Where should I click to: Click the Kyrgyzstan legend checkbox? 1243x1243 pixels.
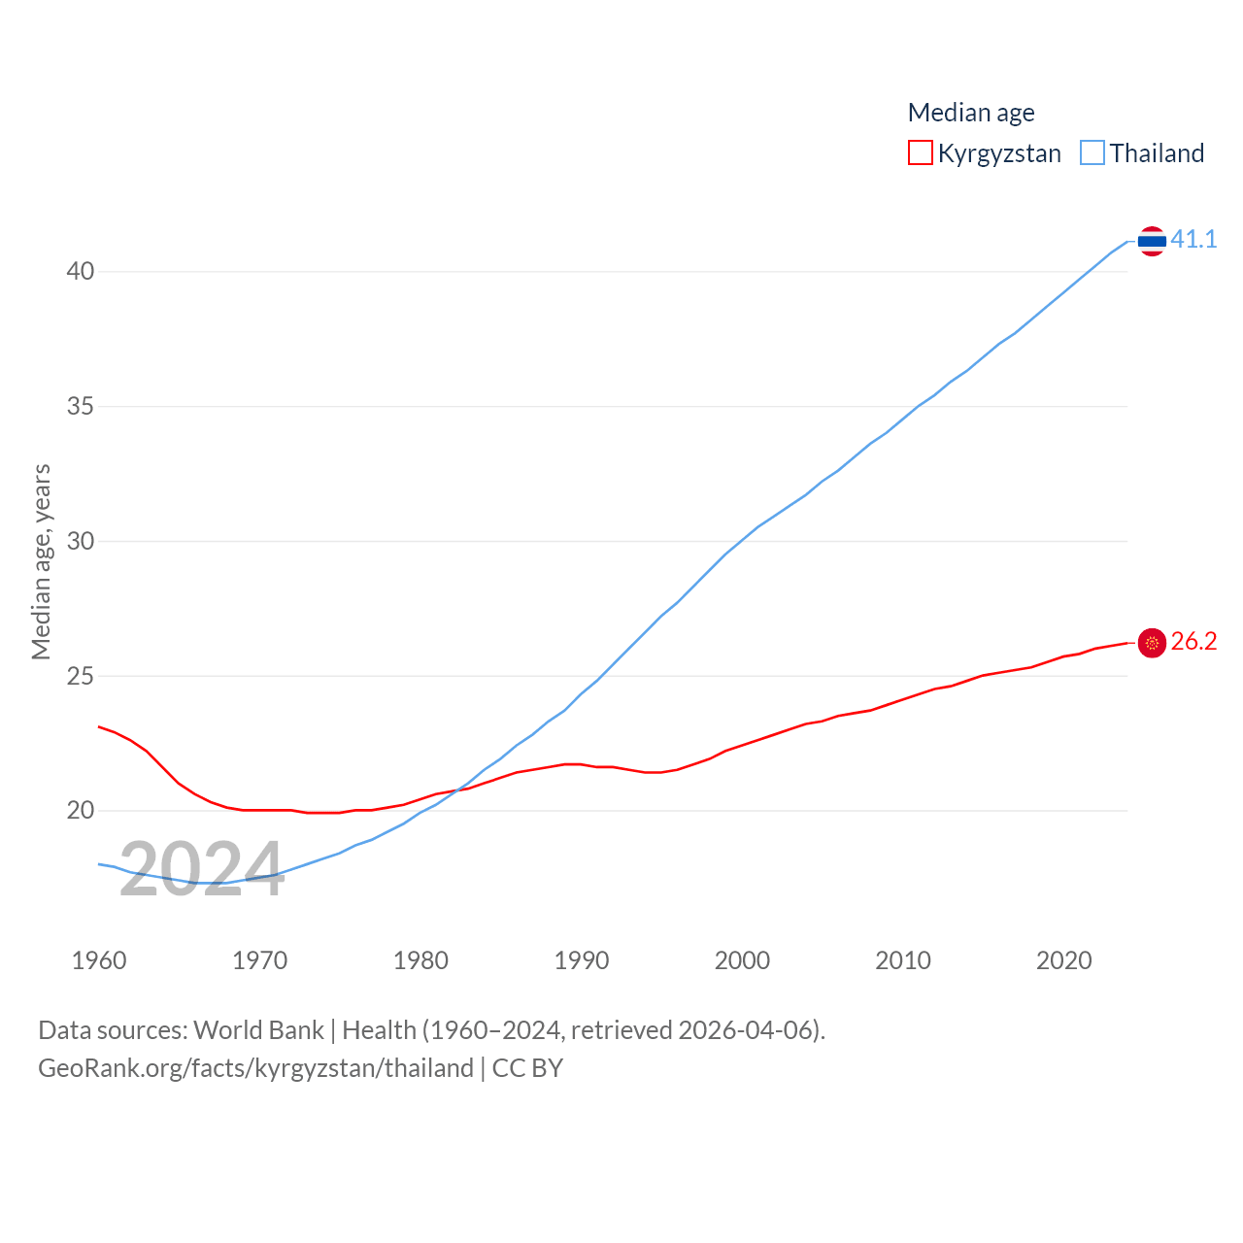click(920, 153)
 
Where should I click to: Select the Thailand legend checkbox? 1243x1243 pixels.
click(1092, 153)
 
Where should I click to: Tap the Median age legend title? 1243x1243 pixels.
click(971, 113)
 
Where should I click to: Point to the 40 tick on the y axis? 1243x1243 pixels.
click(81, 271)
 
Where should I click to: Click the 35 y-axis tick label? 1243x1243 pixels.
click(81, 406)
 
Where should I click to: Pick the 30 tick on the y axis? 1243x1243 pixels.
click(81, 541)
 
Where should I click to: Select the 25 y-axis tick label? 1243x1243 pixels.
click(81, 676)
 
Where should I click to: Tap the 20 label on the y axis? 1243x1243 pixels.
click(81, 810)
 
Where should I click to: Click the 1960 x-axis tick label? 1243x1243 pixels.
click(99, 960)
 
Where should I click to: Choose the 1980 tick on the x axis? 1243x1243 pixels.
click(420, 960)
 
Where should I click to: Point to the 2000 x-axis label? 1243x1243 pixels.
click(742, 960)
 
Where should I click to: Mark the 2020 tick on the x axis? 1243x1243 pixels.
click(1064, 960)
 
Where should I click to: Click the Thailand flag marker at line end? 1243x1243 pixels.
click(1152, 241)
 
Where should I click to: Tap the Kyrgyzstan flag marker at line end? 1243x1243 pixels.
click(1152, 643)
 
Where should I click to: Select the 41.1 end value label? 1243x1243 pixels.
click(1193, 239)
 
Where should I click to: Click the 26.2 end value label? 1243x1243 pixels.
click(1193, 641)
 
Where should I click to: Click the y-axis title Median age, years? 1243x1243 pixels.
click(41, 561)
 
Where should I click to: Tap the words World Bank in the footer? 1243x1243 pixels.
click(258, 1029)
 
